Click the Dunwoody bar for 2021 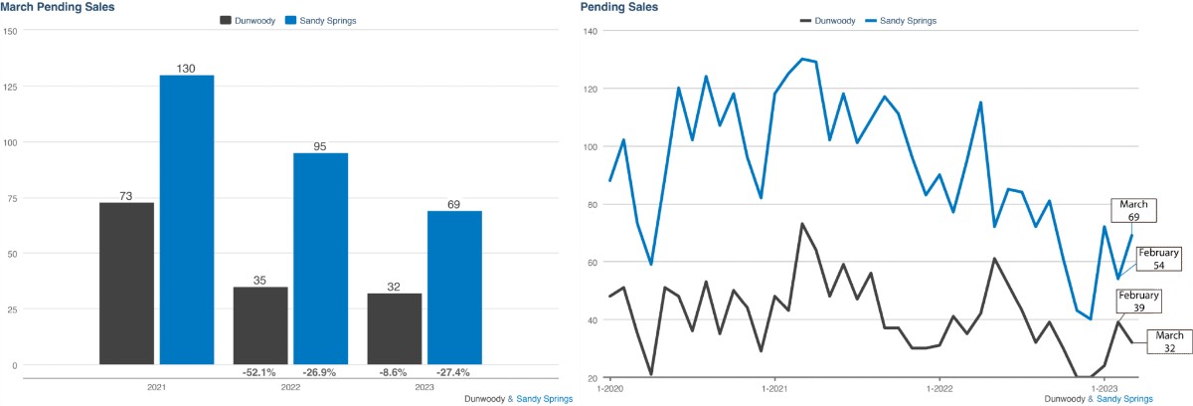point(126,284)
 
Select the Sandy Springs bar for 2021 point(187,219)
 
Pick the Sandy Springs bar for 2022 point(320,259)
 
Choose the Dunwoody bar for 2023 point(395,328)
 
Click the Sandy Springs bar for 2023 point(454,288)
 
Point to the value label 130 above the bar point(187,68)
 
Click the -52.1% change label point(259,372)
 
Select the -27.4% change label point(453,372)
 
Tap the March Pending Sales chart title point(57,7)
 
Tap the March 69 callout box point(1132,210)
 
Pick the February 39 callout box point(1139,303)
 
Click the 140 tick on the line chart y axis point(591,32)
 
